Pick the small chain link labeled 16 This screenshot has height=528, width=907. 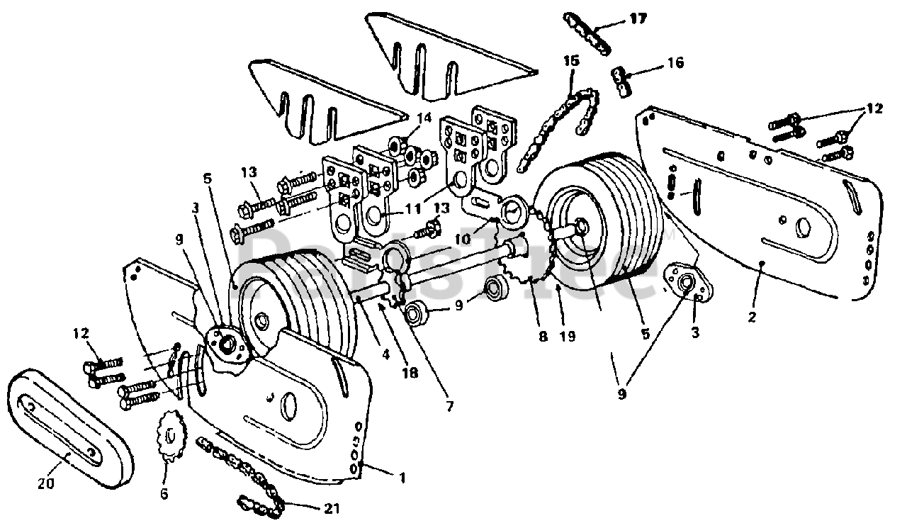pos(622,79)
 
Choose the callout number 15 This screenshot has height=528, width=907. pos(571,62)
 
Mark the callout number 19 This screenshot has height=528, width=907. pos(566,337)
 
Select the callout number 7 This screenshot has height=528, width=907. pos(451,406)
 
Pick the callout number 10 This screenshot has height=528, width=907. pos(463,239)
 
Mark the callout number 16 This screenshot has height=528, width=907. pos(675,63)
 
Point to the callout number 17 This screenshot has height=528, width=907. pos(638,19)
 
